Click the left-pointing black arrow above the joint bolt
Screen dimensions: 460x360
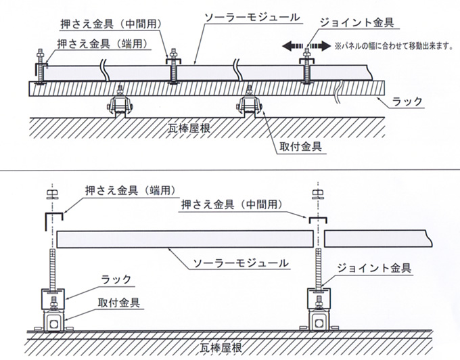pos(292,46)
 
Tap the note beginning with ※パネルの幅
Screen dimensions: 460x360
pos(394,46)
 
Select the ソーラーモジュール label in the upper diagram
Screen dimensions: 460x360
pos(252,18)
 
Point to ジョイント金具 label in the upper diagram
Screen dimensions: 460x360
pos(356,22)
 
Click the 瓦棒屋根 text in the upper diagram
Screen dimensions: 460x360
pos(189,128)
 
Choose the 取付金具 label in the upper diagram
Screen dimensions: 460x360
pos(300,146)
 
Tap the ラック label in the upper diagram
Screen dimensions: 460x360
pos(407,102)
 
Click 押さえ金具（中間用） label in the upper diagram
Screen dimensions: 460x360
pos(111,24)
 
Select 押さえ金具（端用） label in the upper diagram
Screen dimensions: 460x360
pos(103,44)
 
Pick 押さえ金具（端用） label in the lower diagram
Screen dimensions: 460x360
pos(131,191)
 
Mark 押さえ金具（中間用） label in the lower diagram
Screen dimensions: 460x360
pos(232,204)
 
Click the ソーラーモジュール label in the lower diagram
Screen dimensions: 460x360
pos(241,263)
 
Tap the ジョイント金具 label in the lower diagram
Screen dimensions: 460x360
pos(373,268)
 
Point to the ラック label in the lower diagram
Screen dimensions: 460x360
pos(116,279)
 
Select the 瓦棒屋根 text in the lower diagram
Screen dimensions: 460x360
pos(221,348)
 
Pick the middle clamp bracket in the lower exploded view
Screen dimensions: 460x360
pos(317,218)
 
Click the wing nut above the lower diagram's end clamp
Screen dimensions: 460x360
pos(52,195)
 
